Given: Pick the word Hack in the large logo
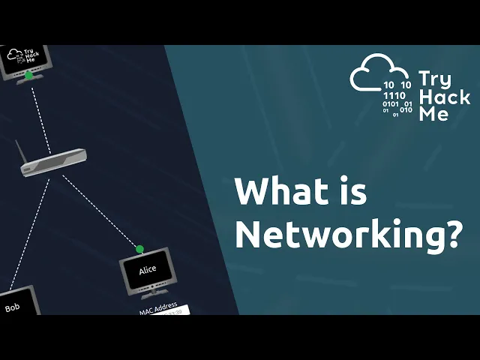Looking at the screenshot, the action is click(444, 97).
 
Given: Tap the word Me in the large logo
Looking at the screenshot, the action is click(433, 114).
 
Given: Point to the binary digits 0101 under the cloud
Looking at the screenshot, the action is click(391, 104).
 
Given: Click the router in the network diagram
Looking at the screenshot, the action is click(53, 163).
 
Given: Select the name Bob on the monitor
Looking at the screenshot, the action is click(12, 307).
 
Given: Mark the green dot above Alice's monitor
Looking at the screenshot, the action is click(139, 249).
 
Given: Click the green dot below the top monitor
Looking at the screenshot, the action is click(28, 75).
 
